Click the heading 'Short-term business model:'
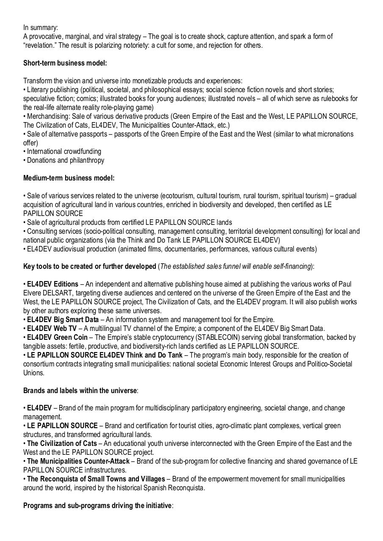click(x=65, y=63)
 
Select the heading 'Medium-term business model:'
click(x=69, y=178)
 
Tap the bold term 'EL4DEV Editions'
click(x=52, y=284)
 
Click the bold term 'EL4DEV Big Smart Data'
click(x=63, y=320)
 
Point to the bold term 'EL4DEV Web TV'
click(x=52, y=328)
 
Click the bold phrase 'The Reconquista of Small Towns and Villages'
click(x=96, y=479)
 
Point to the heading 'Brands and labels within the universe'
click(x=80, y=391)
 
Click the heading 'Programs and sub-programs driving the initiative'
click(x=97, y=505)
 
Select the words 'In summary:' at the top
click(x=40, y=28)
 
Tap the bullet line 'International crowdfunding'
click(x=64, y=151)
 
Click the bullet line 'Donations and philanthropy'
click(x=65, y=160)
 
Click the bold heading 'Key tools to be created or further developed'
click(x=89, y=266)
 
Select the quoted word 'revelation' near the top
click(x=41, y=45)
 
